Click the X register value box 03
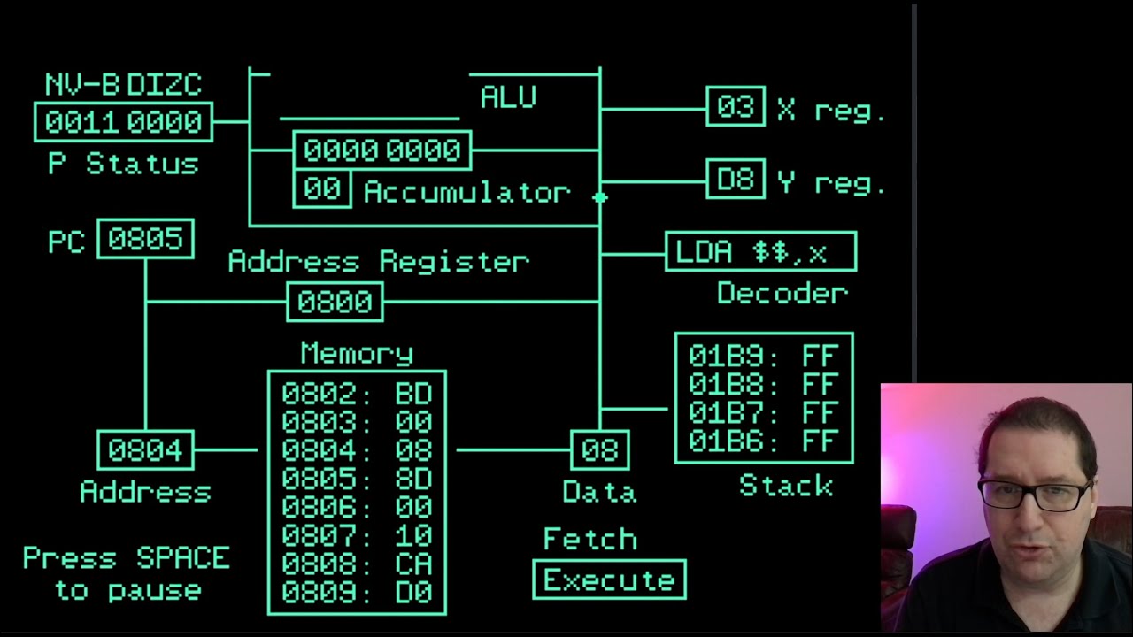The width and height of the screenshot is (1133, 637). [736, 107]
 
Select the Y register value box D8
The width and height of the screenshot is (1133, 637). [736, 180]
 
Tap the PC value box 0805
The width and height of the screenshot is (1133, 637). [145, 239]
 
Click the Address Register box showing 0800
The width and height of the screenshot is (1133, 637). [335, 303]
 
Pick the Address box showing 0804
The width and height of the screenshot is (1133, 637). [145, 450]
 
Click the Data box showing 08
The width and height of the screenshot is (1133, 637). [599, 450]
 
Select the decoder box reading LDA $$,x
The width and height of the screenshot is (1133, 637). [760, 252]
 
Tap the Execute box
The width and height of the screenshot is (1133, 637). [609, 580]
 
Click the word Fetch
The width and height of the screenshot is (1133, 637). [590, 539]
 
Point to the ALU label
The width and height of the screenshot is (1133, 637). [508, 96]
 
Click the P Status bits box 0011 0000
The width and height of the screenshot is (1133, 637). [123, 122]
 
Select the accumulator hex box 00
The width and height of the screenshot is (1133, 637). [321, 190]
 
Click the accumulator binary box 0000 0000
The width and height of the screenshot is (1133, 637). [382, 150]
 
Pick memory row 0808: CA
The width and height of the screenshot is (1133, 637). [357, 564]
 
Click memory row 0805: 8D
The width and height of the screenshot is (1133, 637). [357, 478]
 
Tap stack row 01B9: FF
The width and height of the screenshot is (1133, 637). [763, 357]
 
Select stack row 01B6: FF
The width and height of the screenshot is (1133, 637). [763, 441]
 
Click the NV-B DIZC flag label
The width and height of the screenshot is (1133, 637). [123, 85]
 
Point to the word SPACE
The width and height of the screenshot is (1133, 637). [183, 558]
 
